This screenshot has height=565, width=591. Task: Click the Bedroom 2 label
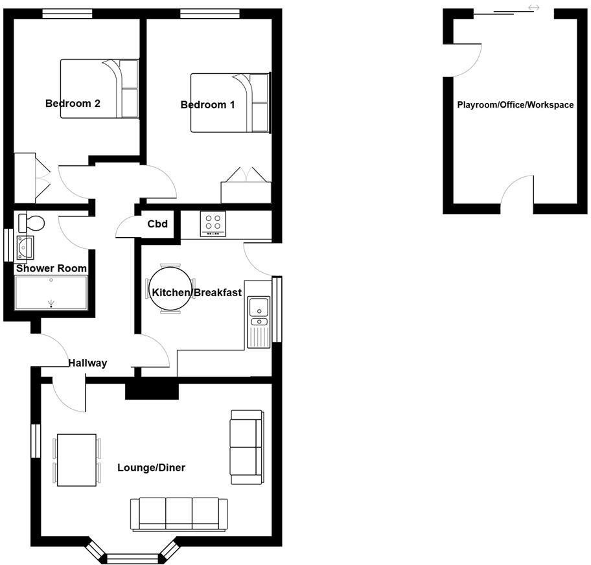(x=73, y=103)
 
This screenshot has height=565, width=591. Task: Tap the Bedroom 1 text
(x=207, y=105)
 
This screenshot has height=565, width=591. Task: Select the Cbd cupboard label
(x=157, y=224)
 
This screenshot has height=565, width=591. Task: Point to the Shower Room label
(x=51, y=268)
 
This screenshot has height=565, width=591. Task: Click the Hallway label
(x=87, y=363)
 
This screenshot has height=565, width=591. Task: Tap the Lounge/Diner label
(x=151, y=467)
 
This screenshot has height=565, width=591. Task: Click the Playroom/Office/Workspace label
(x=515, y=104)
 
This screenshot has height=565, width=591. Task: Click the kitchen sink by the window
(x=259, y=311)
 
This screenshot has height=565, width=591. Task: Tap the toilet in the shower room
(x=31, y=223)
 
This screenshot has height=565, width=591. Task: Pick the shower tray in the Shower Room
(x=51, y=293)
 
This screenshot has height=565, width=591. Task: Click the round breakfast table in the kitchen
(x=170, y=291)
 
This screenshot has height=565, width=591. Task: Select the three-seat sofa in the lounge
(x=179, y=514)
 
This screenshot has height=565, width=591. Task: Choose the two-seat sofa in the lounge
(x=247, y=447)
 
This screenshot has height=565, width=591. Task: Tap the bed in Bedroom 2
(x=100, y=89)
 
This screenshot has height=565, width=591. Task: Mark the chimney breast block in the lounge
(x=152, y=389)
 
